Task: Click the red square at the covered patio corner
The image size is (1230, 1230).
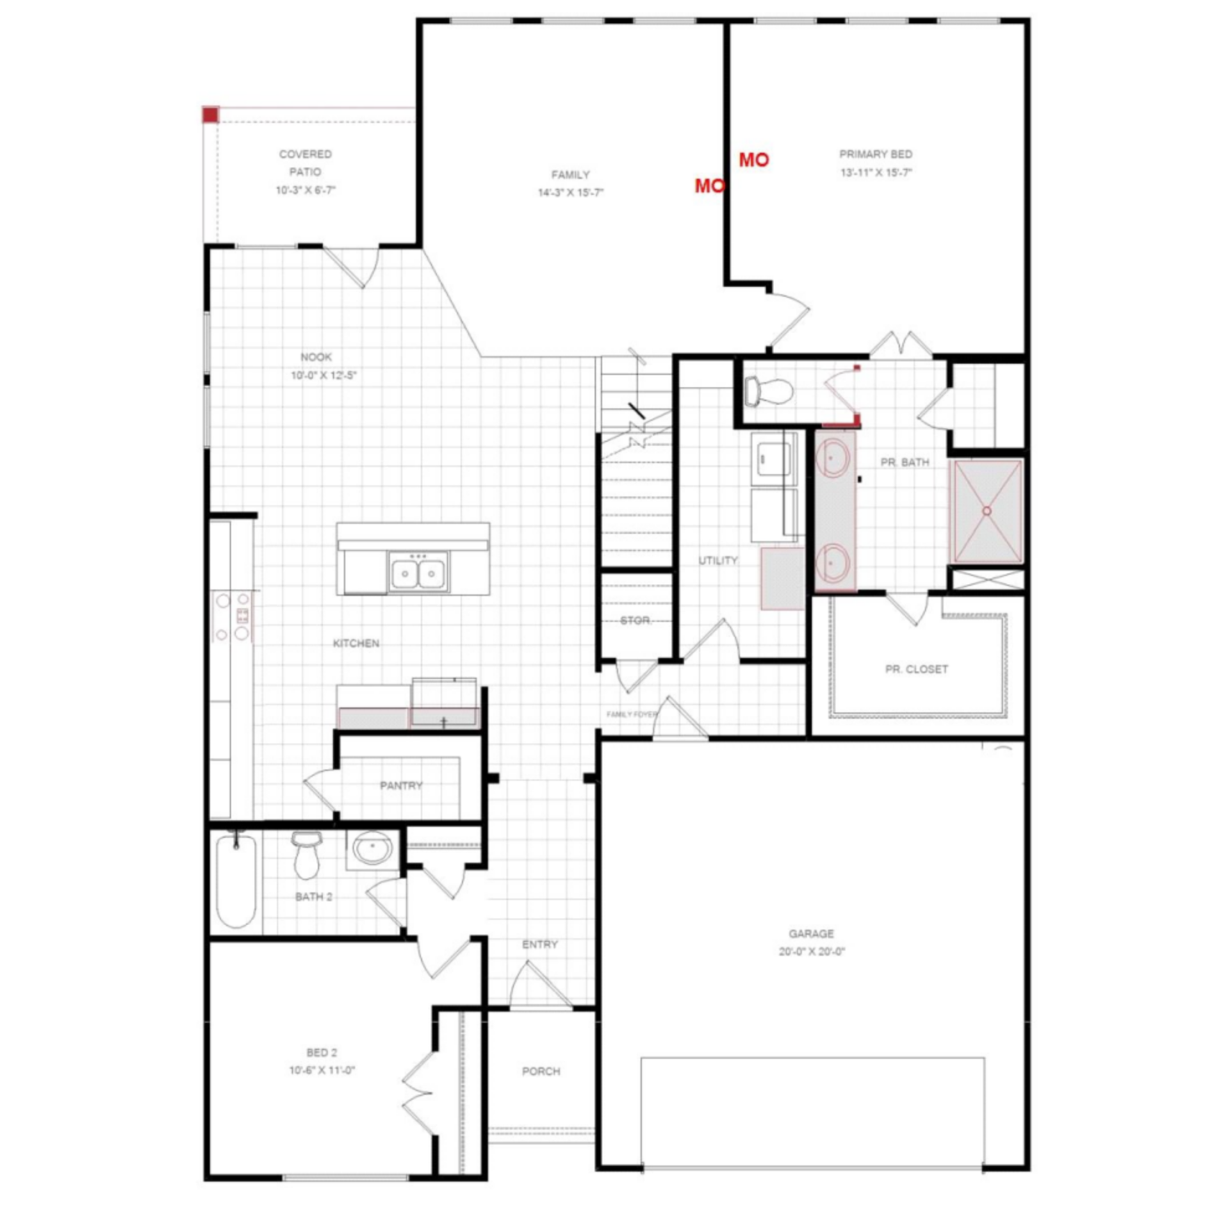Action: click(x=211, y=115)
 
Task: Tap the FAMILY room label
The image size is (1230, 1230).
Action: click(x=570, y=175)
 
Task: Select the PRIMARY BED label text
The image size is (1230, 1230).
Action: click(x=876, y=154)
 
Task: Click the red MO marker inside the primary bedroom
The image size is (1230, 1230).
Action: click(x=754, y=160)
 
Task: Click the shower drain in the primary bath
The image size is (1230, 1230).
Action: click(x=987, y=511)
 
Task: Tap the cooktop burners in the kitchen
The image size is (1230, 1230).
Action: click(x=233, y=616)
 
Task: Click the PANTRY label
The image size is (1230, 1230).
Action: click(x=401, y=785)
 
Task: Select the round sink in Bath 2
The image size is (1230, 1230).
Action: click(x=373, y=849)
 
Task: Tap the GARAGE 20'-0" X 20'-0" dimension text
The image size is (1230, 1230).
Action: click(x=812, y=951)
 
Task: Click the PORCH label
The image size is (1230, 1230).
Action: click(x=541, y=1071)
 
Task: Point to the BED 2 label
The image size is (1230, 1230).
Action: click(x=322, y=1053)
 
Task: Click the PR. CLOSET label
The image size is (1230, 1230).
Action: click(x=916, y=669)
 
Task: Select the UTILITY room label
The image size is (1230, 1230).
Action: click(x=717, y=561)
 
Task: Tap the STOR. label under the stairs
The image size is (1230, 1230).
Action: click(x=635, y=621)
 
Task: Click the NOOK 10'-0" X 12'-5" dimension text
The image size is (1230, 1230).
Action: click(x=324, y=375)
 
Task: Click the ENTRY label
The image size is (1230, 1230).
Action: click(x=539, y=944)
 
